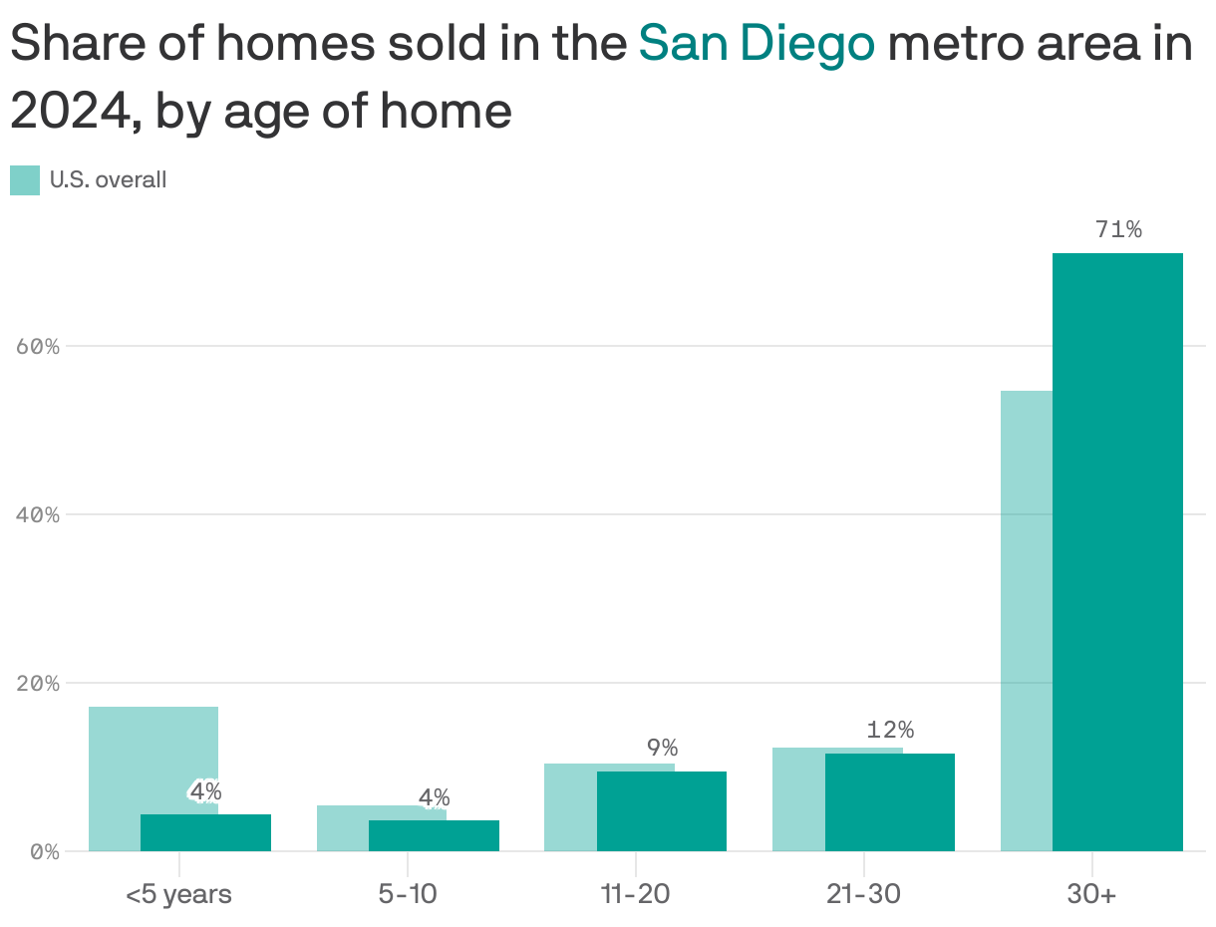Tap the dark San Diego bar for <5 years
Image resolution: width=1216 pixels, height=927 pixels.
coord(205,832)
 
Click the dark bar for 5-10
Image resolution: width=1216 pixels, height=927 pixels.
coord(434,835)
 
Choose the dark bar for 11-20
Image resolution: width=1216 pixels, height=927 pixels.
coord(662,810)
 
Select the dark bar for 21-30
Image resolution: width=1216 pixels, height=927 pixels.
coord(890,801)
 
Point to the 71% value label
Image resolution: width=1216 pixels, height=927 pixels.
coord(1118,230)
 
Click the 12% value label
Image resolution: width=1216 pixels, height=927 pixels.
coord(890,730)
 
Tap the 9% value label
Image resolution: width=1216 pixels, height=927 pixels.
coord(662,748)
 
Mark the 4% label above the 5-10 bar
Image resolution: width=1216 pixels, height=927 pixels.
coord(434,797)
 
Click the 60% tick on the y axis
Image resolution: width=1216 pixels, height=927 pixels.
coord(38,347)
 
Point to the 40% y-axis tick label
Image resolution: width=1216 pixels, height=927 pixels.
coord(38,515)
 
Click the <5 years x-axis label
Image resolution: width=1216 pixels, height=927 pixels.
coord(178,894)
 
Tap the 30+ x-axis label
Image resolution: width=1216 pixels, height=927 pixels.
coord(1091,894)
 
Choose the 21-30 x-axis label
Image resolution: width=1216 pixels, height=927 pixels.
coord(863,894)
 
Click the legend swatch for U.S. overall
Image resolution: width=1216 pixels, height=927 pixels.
coord(25,180)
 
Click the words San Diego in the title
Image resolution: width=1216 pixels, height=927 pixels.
coord(757,43)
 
